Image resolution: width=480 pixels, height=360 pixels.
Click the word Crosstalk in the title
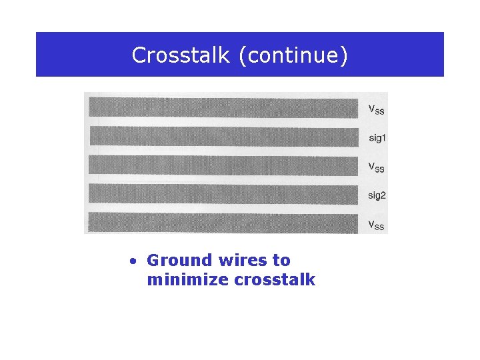coord(181,55)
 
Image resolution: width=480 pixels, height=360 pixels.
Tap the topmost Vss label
coord(376,109)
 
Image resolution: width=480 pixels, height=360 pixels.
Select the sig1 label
coord(377,139)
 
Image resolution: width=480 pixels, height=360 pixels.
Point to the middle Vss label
coord(376,167)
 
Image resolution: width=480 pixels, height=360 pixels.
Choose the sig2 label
coord(377,195)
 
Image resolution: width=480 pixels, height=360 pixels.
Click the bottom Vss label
coord(376,224)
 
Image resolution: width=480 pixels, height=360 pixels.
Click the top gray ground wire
coord(223,107)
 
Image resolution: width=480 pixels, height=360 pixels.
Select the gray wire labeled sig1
coord(223,136)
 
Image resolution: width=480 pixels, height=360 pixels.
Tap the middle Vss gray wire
coord(223,165)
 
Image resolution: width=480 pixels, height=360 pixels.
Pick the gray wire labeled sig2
coord(223,194)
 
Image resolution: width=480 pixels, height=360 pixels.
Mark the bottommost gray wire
coord(223,223)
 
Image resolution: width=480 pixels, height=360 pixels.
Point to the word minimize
coord(188,279)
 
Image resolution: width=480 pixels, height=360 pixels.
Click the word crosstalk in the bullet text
coord(275,279)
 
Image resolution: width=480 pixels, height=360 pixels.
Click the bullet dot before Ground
coord(134,261)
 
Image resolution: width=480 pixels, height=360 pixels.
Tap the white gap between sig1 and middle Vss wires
coord(223,151)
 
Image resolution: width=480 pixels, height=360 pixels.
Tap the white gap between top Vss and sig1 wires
coord(223,122)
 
